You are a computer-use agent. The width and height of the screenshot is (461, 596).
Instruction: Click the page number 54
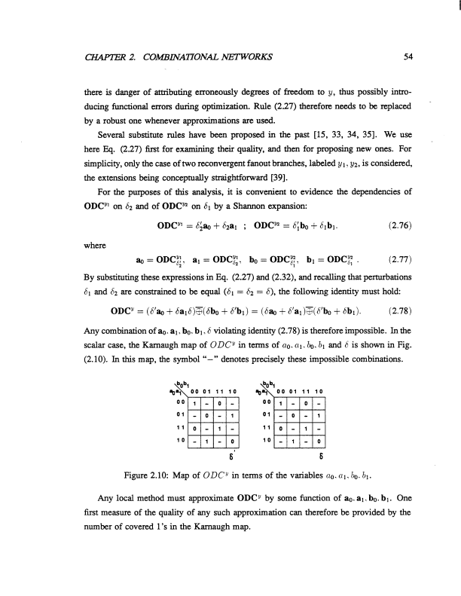click(407, 55)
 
